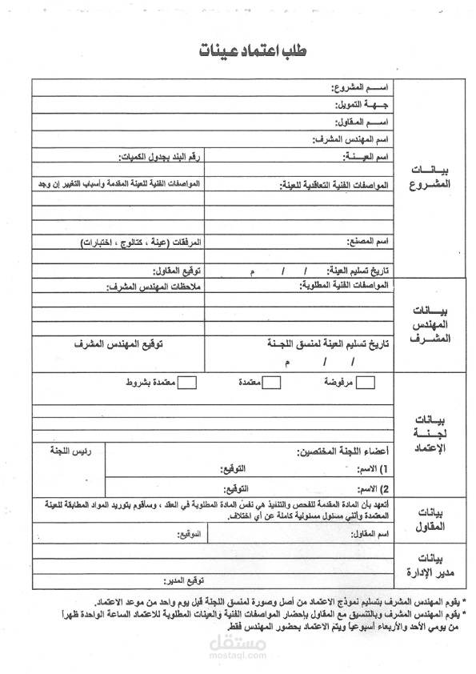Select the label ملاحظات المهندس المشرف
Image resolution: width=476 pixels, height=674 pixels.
click(x=157, y=287)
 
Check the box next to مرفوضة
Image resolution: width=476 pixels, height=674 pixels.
click(x=366, y=384)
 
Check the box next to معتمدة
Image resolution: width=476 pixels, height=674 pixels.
click(x=272, y=384)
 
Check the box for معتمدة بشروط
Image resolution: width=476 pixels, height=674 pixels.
click(x=186, y=384)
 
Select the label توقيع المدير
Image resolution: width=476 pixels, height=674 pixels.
click(x=183, y=580)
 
